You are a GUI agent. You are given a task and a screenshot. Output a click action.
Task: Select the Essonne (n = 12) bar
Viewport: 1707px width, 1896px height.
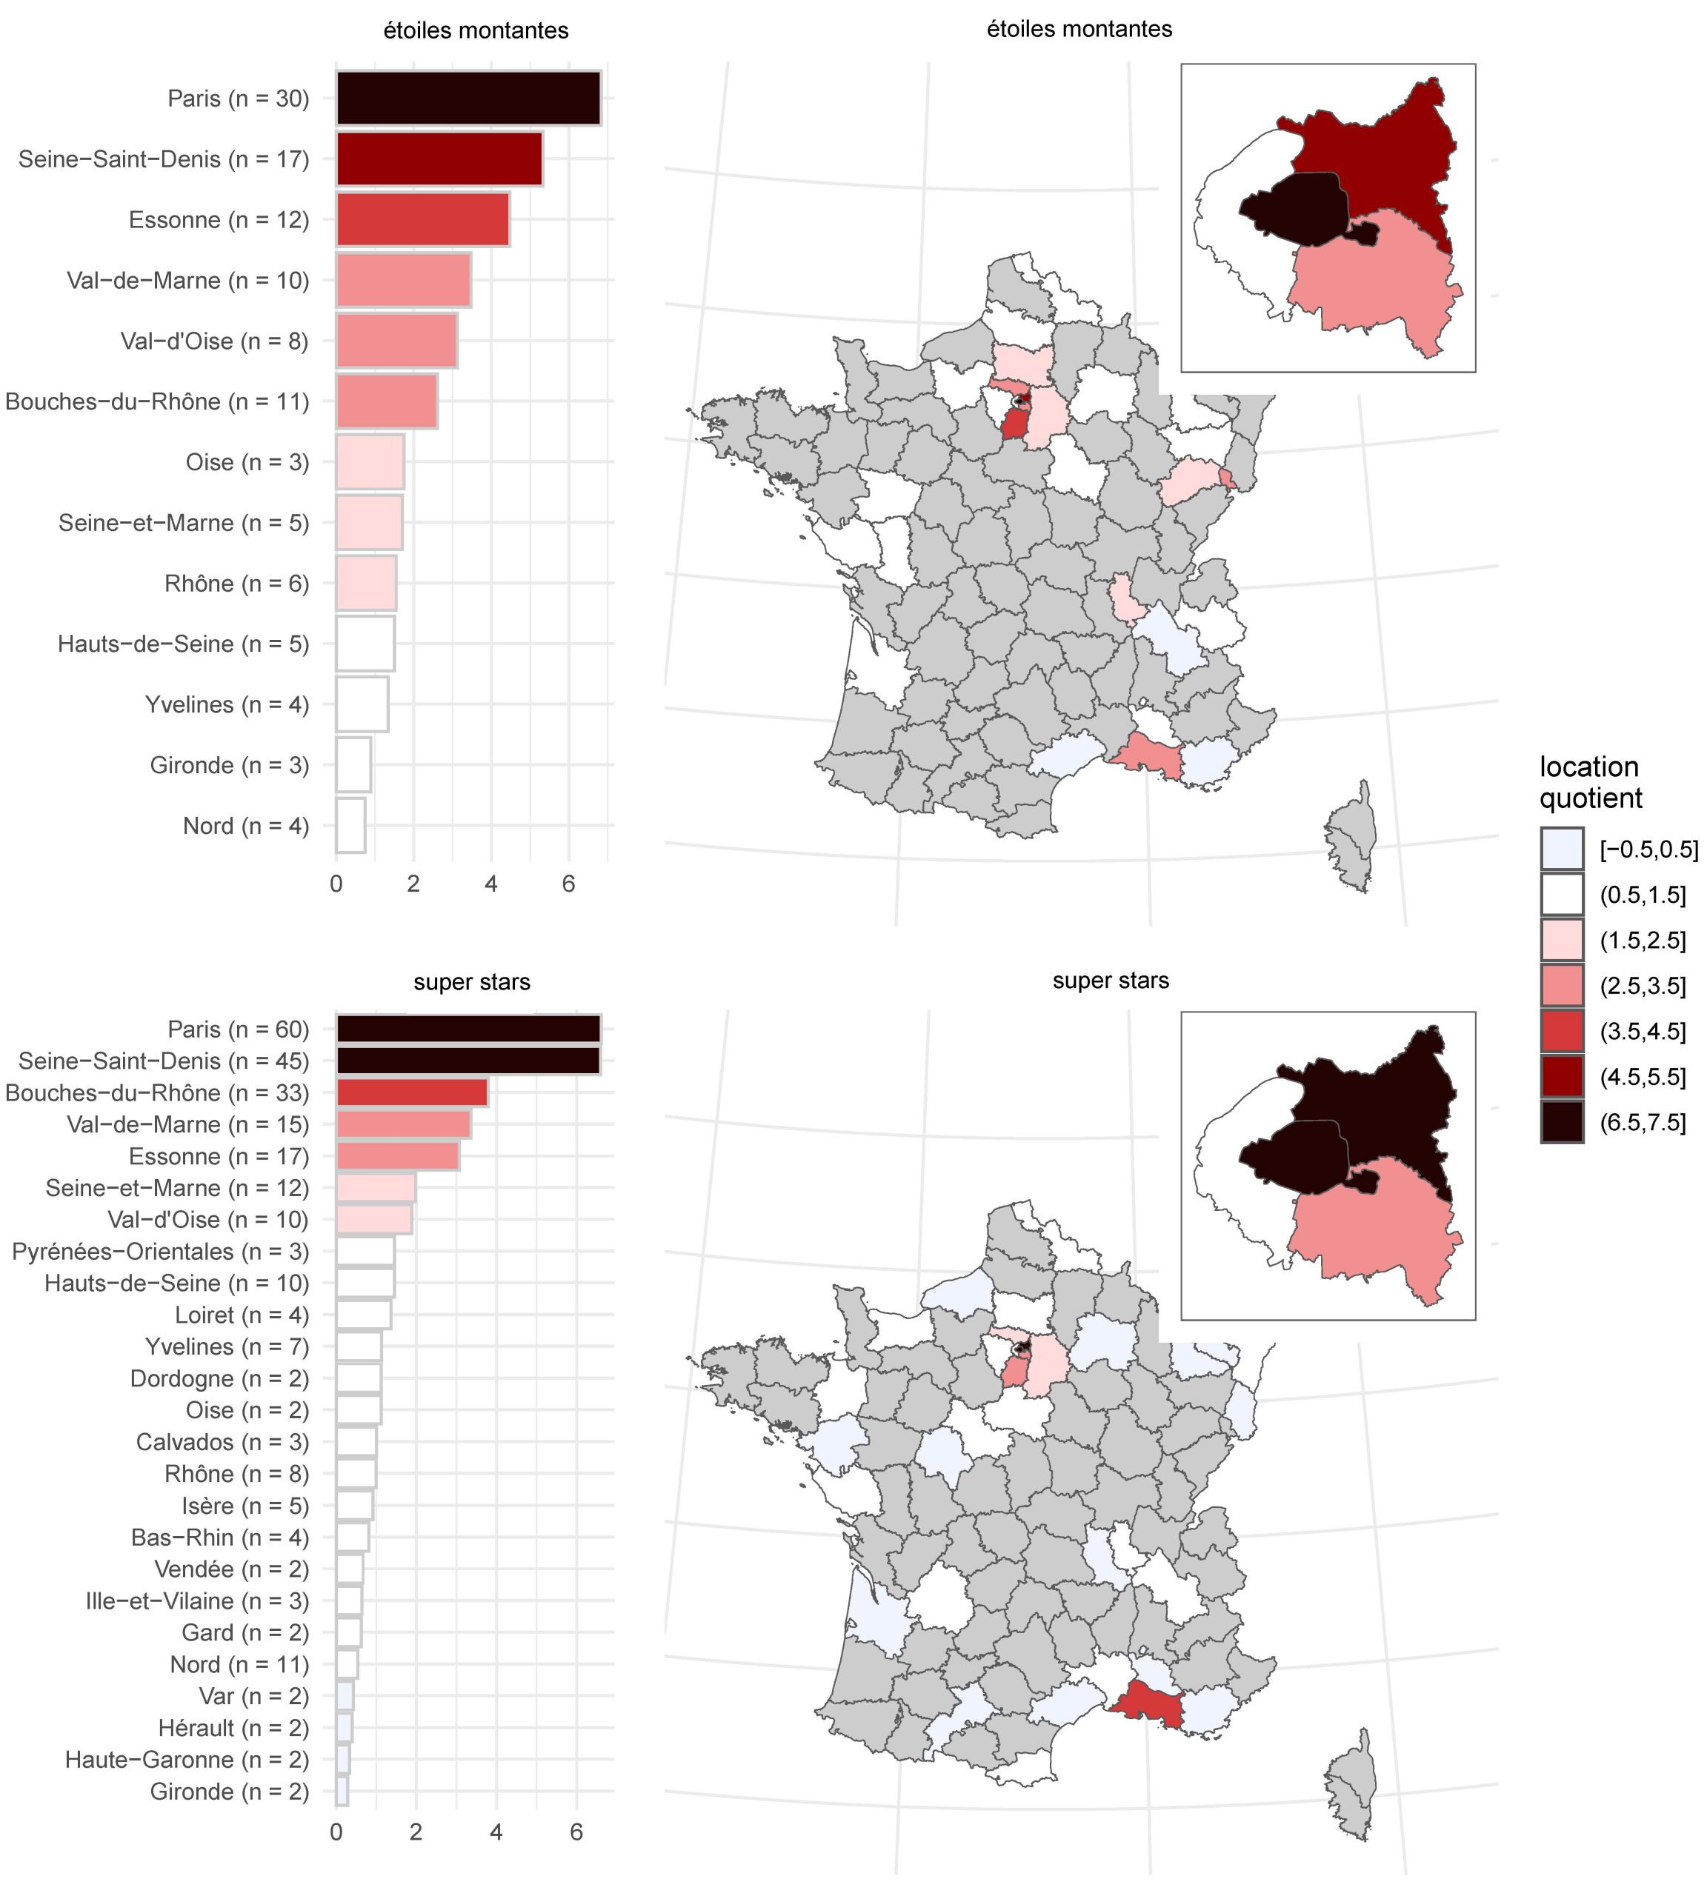[x=422, y=219]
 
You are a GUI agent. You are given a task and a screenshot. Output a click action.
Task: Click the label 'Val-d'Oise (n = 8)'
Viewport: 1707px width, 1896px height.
[x=214, y=341]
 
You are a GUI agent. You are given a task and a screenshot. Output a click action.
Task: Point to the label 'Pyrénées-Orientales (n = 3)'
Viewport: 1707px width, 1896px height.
[x=159, y=1252]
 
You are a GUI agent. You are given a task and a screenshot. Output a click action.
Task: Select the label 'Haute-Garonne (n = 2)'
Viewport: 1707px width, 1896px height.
[x=186, y=1760]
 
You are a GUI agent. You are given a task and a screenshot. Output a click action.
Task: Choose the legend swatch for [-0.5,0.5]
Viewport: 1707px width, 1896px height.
[x=1562, y=849]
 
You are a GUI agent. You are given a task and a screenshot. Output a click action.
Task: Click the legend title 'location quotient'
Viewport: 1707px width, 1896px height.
[x=1591, y=782]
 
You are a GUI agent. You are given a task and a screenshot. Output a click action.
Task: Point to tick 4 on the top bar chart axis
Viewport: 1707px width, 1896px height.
[x=490, y=884]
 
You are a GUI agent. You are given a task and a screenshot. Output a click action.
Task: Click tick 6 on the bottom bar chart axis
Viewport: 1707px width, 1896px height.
[x=576, y=1832]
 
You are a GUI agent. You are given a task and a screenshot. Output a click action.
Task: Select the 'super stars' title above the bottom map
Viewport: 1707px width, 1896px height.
[x=1111, y=981]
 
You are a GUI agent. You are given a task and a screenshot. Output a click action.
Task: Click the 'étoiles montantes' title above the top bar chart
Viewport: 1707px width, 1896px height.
[x=476, y=31]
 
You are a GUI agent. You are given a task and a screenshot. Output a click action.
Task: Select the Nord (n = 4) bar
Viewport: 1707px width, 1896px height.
[x=350, y=826]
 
